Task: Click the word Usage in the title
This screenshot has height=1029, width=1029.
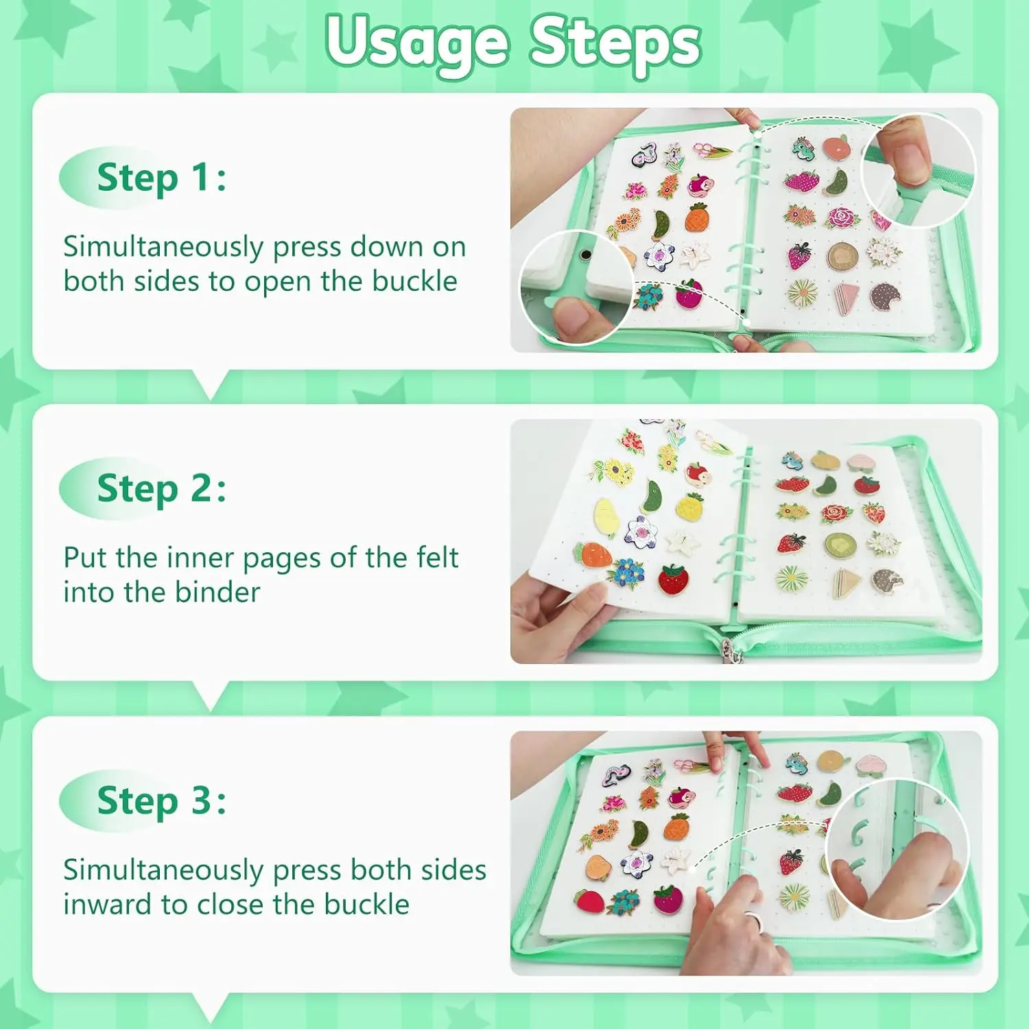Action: [418, 43]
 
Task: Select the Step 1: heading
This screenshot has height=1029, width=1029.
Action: [162, 178]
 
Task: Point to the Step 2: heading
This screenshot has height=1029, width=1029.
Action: [162, 489]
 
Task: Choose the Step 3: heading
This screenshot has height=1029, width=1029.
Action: [162, 801]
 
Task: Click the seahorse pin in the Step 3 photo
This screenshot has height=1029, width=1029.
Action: [796, 764]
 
